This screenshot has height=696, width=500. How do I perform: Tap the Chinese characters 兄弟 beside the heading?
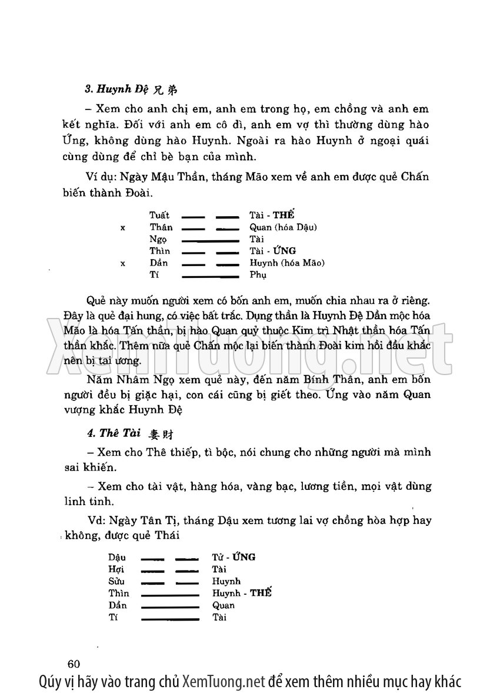coord(165,91)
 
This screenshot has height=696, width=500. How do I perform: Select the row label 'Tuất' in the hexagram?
coord(159,216)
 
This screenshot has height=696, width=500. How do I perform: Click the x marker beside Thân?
coord(122,228)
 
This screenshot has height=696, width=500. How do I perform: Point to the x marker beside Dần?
coord(122,263)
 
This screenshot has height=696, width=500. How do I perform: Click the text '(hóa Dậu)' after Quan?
coord(296,228)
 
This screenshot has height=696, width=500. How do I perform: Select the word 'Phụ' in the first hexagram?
coord(258,275)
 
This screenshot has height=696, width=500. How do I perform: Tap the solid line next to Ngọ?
coord(210,240)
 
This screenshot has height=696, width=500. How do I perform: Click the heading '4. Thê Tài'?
coord(113,433)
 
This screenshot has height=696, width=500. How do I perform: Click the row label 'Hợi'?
coord(116,569)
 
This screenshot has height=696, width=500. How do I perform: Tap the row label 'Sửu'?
coord(117,581)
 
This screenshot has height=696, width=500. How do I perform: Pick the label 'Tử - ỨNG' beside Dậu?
coord(234,557)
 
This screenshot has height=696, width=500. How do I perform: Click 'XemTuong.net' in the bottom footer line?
coord(224,682)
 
